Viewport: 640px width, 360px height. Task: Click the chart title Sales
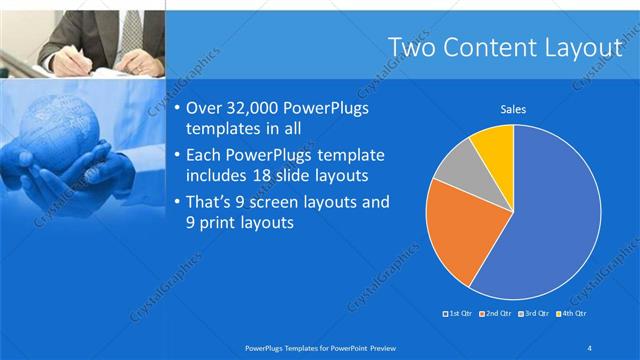(513, 110)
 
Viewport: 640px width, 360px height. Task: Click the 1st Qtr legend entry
(459, 314)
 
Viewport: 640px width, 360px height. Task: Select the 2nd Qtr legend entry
(496, 314)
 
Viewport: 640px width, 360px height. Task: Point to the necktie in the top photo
(131, 26)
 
